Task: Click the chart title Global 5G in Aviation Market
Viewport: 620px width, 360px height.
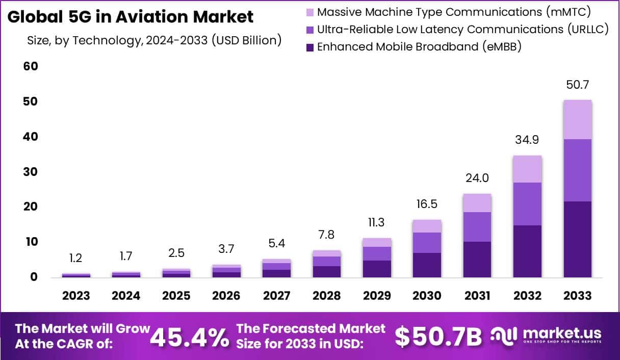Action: pos(130,17)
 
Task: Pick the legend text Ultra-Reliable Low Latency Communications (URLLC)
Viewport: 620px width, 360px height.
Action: pos(462,30)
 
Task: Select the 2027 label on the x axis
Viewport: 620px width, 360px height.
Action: pos(277,296)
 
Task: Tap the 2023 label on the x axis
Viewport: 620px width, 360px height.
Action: pos(76,296)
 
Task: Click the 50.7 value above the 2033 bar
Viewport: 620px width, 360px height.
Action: pos(577,85)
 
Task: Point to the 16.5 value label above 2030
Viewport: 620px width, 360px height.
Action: pos(427,204)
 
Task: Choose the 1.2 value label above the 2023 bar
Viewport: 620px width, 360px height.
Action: pos(76,259)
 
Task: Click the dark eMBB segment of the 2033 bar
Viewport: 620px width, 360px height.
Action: pos(577,239)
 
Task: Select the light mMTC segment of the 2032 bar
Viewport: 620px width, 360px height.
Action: pos(527,169)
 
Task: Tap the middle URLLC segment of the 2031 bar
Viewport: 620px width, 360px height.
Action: pos(477,227)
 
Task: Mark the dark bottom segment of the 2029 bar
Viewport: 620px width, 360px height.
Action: pos(377,269)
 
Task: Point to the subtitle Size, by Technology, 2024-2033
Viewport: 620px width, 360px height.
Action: pos(154,40)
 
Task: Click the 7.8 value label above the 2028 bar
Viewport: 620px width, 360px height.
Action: pos(326,235)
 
